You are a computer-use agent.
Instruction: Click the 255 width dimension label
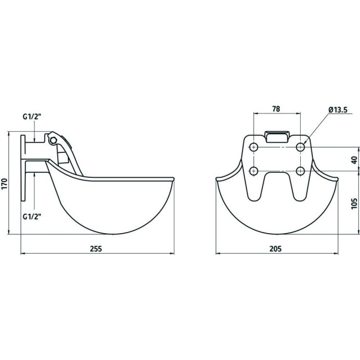tap(96, 249)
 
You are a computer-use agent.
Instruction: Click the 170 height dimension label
tap(4, 184)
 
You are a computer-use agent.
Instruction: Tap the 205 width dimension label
tap(275, 249)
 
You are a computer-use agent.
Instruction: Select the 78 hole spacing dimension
tap(276, 109)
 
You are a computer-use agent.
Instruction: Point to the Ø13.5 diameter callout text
tap(338, 110)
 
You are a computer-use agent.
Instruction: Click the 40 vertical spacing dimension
tap(354, 160)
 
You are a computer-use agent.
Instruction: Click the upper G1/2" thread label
tap(32, 117)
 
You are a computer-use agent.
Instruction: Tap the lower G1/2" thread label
tap(32, 216)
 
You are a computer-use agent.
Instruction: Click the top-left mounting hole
tap(254, 147)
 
